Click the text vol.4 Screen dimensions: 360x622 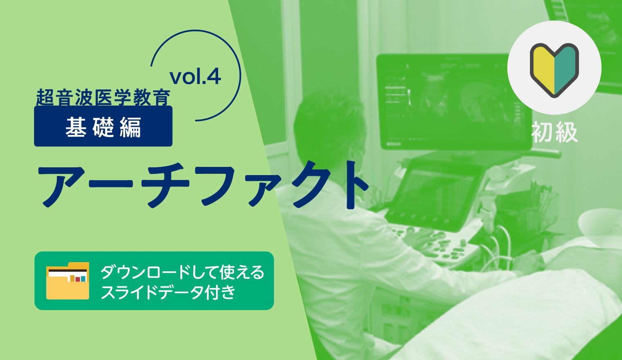point(195,76)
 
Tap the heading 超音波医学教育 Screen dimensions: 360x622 point(103,97)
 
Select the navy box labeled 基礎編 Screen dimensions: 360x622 point(103,126)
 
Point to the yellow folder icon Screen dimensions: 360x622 point(68,281)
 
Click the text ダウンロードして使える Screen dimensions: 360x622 point(183,272)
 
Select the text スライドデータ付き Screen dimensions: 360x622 point(168,292)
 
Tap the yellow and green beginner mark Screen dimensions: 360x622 point(554,70)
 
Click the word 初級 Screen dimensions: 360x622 point(554,132)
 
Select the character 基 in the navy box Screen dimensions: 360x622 point(76,126)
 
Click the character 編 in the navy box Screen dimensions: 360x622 point(131,126)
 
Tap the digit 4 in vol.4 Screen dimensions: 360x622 point(214,76)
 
